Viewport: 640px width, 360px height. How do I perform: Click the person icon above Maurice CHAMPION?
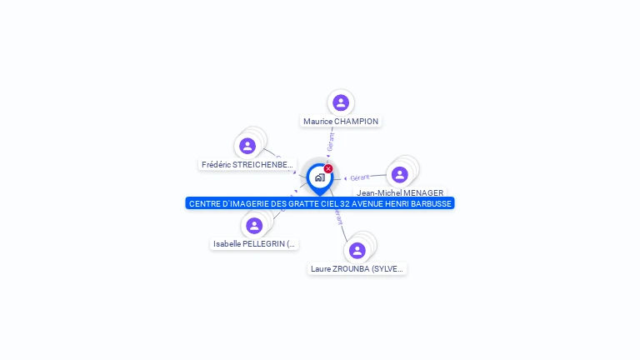(x=340, y=102)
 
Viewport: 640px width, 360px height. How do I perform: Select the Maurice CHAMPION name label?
(x=341, y=122)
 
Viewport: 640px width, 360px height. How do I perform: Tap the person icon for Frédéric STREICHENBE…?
(x=247, y=146)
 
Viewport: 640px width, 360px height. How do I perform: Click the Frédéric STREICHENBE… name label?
(x=248, y=165)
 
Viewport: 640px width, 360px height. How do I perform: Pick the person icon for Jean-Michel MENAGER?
(x=399, y=174)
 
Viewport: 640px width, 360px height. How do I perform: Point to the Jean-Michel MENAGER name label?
(x=400, y=192)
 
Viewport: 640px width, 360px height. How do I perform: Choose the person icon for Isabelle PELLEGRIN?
(x=254, y=225)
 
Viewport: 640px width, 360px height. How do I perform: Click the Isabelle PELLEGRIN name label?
(x=254, y=244)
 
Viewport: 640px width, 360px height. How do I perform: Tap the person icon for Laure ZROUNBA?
(x=357, y=250)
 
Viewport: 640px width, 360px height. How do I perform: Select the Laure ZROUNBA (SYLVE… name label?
(x=357, y=269)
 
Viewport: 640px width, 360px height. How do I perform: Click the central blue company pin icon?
(x=319, y=177)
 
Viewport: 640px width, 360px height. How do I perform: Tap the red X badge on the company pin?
(x=328, y=168)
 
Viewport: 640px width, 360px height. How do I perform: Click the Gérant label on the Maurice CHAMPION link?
(x=331, y=141)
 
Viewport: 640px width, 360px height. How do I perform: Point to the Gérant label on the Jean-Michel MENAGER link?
(x=360, y=177)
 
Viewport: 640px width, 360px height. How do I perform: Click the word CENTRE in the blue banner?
(x=205, y=203)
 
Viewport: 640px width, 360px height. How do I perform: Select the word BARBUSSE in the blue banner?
(x=430, y=203)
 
